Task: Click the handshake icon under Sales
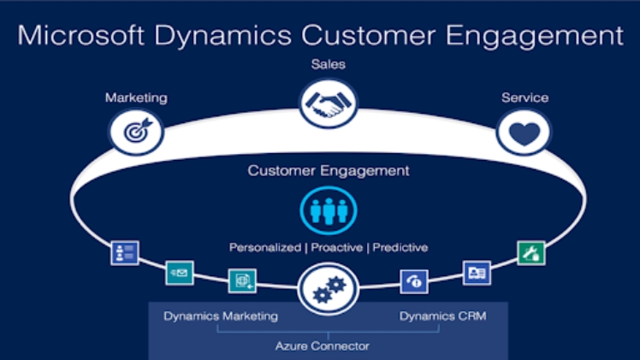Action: [328, 105]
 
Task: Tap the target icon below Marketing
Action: [136, 133]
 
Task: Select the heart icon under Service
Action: [524, 133]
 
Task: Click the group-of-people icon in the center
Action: [328, 210]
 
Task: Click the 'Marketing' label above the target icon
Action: [136, 97]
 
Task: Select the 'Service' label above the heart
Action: [524, 97]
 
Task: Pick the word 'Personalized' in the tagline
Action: [263, 247]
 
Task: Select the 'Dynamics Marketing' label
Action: [221, 316]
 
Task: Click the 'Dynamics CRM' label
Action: [442, 316]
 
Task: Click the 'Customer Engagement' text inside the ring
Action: [329, 170]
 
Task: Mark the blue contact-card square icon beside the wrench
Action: [476, 272]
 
